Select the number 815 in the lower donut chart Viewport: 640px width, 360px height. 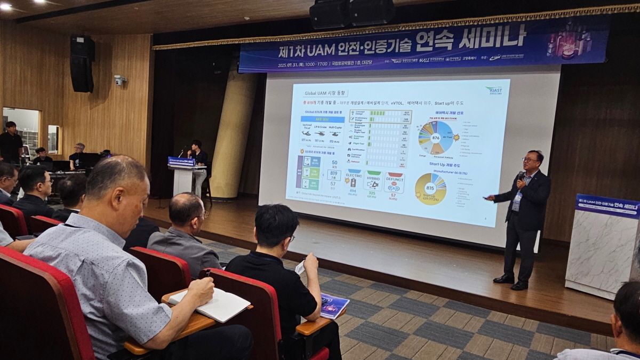[x=430, y=188]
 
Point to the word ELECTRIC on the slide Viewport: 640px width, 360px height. [x=354, y=174]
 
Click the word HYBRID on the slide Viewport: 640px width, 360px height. [x=373, y=174]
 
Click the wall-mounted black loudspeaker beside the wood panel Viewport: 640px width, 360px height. [x=82, y=64]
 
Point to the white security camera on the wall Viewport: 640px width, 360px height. [x=119, y=79]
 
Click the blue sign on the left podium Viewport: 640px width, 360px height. [x=181, y=161]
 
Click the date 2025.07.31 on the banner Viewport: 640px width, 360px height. [x=295, y=66]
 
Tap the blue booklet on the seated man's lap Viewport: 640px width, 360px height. [x=333, y=306]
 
